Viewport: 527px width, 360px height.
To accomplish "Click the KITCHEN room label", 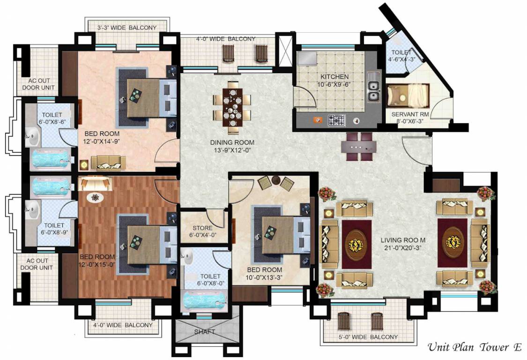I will click(x=334, y=76).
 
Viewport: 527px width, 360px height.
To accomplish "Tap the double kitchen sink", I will click(x=374, y=91).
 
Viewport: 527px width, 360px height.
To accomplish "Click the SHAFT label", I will click(x=205, y=332).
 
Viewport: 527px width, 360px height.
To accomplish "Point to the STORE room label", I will click(x=203, y=228).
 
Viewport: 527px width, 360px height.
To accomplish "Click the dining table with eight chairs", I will click(x=231, y=107).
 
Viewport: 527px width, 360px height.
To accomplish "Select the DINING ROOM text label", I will click(x=232, y=142).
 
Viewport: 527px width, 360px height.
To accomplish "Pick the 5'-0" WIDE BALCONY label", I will click(x=368, y=337).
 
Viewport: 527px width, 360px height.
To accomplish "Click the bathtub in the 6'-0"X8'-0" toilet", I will click(x=205, y=300).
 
